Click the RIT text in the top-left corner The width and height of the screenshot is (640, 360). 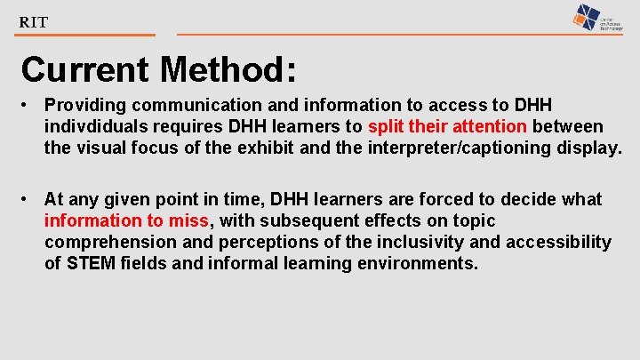pos(34,22)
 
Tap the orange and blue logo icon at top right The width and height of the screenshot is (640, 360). pos(586,17)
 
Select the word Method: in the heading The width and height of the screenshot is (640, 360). pos(228,68)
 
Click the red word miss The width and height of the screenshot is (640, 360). pos(189,221)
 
